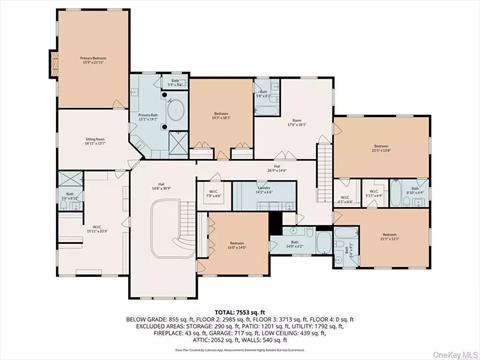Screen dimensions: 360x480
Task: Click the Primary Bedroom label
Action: [x=93, y=60]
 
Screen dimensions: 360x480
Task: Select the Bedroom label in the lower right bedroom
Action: [x=388, y=238]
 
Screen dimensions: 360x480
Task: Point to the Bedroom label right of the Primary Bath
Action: [x=222, y=116]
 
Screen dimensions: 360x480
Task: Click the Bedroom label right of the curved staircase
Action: [x=236, y=245]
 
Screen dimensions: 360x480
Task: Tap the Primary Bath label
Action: [x=146, y=116]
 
